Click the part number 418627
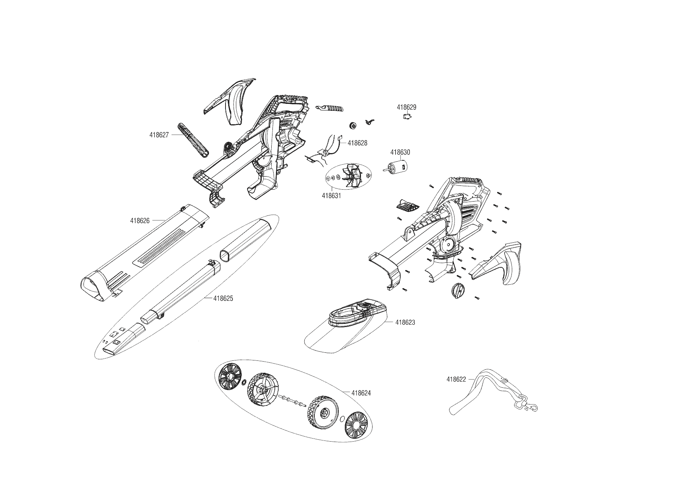click(x=159, y=135)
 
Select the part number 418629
click(x=406, y=107)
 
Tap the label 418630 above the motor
click(x=400, y=152)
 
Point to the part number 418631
click(x=331, y=195)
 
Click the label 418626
click(x=140, y=221)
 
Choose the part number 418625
click(x=223, y=299)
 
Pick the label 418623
click(x=405, y=322)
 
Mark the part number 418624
click(x=361, y=393)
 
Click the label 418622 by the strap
click(x=456, y=379)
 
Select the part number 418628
click(x=358, y=143)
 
